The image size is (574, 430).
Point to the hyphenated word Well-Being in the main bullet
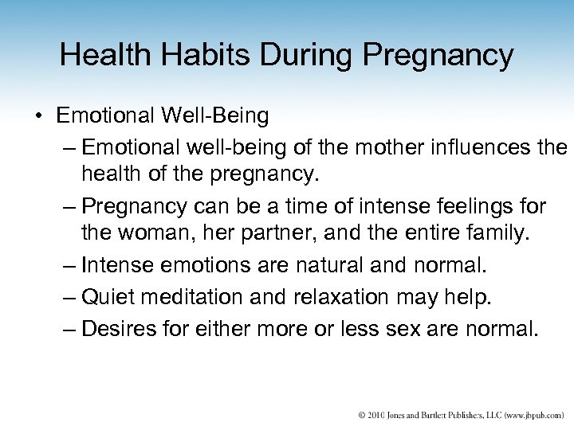218,117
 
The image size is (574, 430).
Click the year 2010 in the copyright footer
376,414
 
